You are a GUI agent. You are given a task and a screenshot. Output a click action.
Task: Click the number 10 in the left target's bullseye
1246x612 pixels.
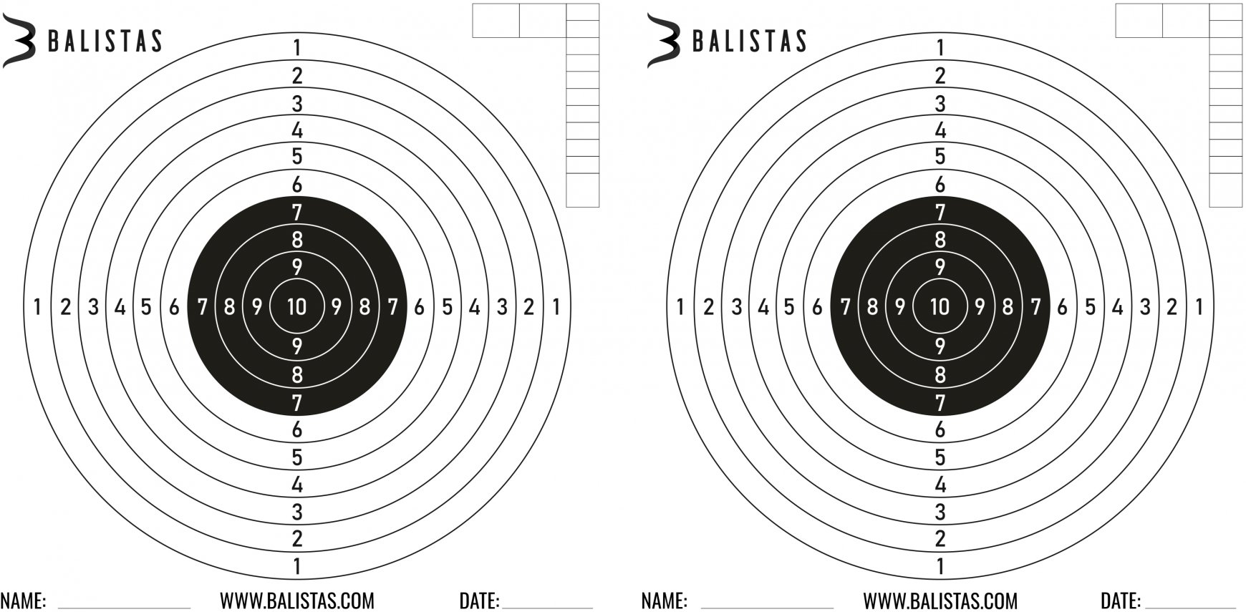296,307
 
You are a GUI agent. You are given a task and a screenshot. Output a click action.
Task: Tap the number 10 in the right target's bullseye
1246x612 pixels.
940,307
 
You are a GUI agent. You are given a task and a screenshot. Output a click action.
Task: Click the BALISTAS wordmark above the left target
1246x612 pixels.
105,42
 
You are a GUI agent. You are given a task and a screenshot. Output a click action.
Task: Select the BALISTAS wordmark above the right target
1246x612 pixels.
749,42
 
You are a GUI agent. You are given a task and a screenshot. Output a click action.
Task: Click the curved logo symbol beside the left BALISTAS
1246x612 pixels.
19,42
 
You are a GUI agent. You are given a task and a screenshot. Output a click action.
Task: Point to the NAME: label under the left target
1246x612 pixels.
23,601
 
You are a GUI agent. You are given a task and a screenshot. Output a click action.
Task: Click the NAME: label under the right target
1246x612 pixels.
664,601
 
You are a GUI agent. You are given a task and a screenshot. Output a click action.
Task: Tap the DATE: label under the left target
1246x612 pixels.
479,601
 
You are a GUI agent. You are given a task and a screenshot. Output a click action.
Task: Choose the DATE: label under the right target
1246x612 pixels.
1121,601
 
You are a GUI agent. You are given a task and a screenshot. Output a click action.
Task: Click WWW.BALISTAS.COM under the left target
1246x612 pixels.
296,601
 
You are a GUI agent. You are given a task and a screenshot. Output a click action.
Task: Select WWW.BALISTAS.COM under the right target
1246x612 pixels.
940,601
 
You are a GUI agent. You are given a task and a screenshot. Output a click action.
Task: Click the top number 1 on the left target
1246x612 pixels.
296,48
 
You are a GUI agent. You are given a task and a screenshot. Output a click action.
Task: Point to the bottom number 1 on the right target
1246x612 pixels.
940,567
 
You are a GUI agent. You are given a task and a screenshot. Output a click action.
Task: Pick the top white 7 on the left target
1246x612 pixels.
296,212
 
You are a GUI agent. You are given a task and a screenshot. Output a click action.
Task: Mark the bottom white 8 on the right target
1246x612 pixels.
940,374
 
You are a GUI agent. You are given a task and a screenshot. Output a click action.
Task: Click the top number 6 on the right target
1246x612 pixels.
940,185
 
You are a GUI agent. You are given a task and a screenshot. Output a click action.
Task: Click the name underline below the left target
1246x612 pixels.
123,608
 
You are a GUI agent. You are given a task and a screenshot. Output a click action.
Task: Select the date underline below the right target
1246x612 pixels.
1189,608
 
